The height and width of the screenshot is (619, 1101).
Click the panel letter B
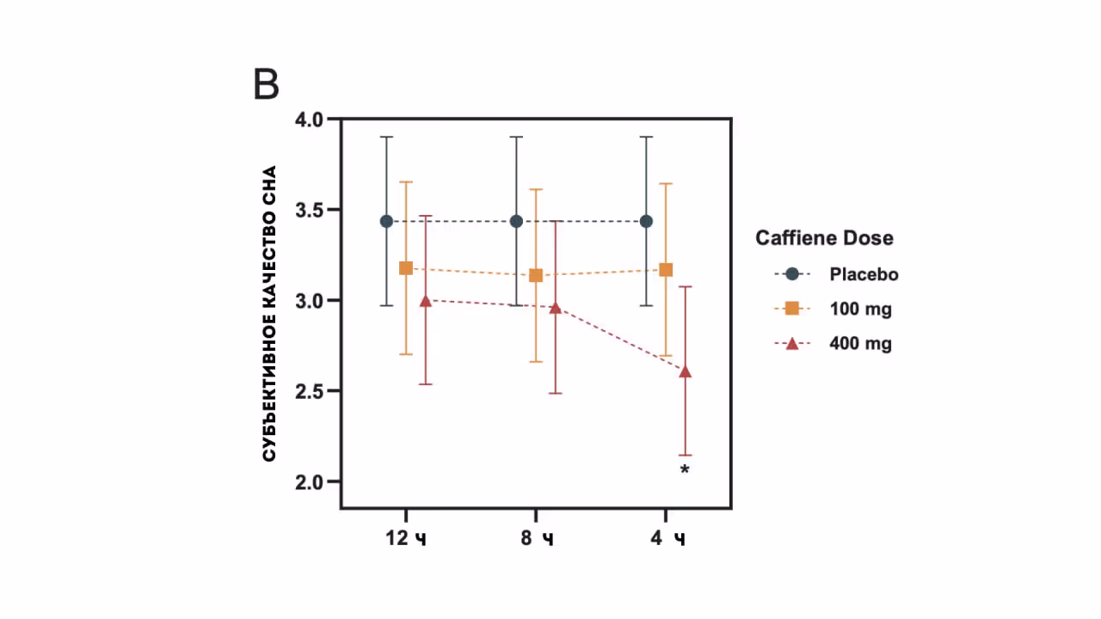click(267, 85)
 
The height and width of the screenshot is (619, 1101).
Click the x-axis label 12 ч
click(406, 539)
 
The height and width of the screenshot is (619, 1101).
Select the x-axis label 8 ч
click(536, 539)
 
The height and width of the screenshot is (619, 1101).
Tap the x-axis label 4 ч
click(667, 539)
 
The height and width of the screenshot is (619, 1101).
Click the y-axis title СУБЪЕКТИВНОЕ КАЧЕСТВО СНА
click(269, 313)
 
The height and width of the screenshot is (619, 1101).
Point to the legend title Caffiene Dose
click(824, 238)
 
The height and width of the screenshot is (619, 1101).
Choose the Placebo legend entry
click(864, 274)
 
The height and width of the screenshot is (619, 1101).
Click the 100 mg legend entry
click(860, 309)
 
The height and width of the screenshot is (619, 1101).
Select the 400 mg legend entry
click(860, 344)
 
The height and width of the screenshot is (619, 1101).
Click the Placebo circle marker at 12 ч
click(386, 222)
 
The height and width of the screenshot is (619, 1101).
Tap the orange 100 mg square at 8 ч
click(536, 275)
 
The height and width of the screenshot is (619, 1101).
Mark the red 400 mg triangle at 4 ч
click(686, 371)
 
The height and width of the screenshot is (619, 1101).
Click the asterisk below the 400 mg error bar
click(685, 469)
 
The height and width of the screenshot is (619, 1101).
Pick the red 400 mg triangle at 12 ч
click(426, 301)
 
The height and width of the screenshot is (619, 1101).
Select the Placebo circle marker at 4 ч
click(647, 222)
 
